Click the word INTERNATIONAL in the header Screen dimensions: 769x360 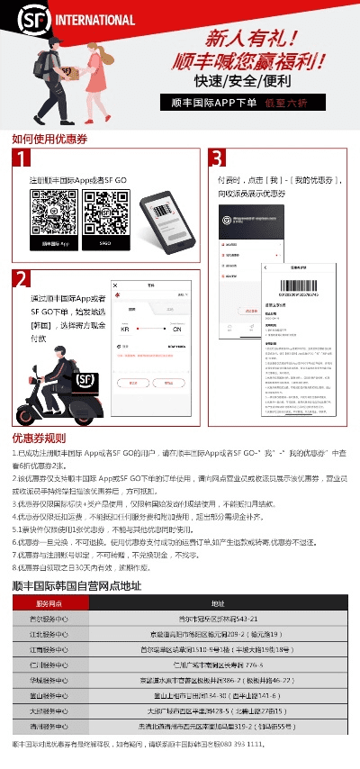click(x=94, y=20)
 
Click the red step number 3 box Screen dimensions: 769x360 click(x=217, y=159)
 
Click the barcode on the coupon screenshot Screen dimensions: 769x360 click(x=298, y=290)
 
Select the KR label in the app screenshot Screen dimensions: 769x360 click(x=125, y=330)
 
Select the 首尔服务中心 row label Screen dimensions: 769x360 click(x=48, y=620)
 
